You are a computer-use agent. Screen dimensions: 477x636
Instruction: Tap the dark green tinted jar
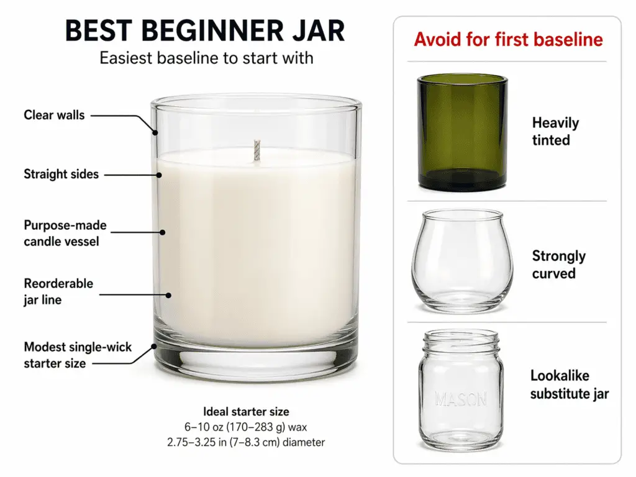coord(462,132)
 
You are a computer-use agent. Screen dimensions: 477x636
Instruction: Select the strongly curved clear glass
coord(462,261)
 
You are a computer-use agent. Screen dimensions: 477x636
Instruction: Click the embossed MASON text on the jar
coord(461,399)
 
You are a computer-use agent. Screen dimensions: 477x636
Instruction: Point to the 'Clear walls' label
coord(54,115)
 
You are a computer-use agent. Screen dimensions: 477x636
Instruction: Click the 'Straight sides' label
coord(61,175)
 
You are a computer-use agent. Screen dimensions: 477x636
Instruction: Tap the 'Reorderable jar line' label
coord(58,291)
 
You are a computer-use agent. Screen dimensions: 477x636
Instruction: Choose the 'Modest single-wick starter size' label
coord(78,355)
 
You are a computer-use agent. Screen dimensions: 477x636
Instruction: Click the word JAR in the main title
coord(314,31)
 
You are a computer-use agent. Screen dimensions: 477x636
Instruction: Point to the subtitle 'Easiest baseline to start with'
coord(206,59)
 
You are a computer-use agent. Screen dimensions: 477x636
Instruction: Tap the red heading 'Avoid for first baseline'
coord(508,40)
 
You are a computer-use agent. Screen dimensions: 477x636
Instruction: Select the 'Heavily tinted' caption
coord(555,131)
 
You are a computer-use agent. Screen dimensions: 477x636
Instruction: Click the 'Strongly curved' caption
coord(558,265)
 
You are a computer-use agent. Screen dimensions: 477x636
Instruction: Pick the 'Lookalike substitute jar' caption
coord(569,384)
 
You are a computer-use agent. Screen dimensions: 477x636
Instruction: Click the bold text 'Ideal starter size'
coord(246,412)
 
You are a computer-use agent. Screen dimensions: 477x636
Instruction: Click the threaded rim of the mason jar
coord(461,340)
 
